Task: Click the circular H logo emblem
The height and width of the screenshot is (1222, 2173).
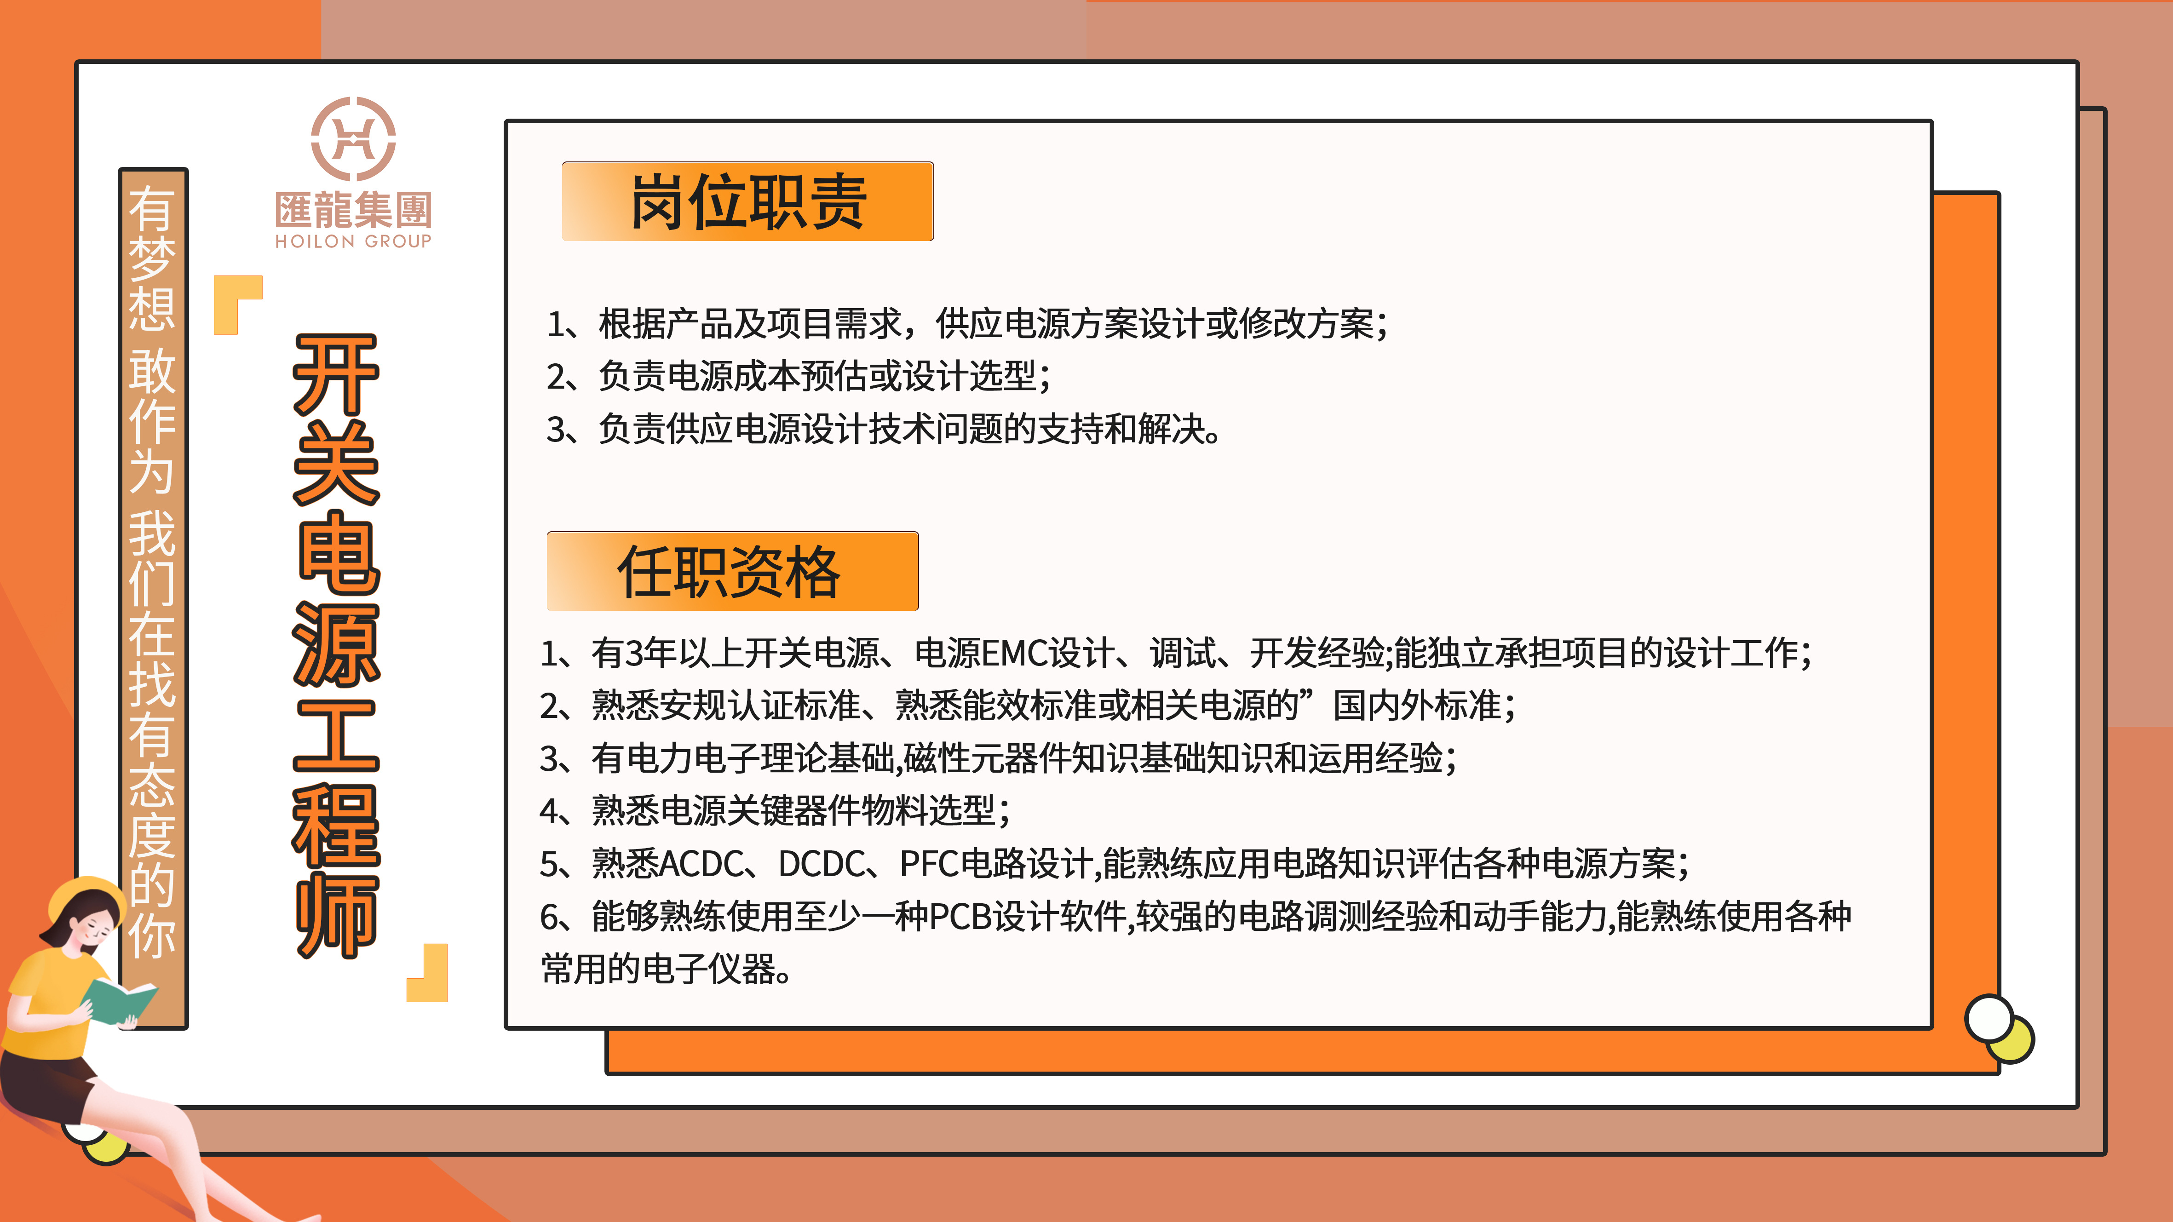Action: point(353,138)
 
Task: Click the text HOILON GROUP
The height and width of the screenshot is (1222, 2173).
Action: point(353,241)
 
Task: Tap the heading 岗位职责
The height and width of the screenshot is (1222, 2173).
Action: point(747,202)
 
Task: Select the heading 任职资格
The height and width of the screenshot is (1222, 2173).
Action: point(730,572)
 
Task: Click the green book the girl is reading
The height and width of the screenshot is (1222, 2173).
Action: point(118,1002)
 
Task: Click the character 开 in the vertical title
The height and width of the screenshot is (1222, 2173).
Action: point(336,375)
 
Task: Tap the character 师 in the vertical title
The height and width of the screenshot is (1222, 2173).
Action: point(336,915)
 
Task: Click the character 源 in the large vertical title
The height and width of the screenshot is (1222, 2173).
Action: point(336,645)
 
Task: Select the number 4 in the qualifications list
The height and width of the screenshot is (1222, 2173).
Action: point(550,811)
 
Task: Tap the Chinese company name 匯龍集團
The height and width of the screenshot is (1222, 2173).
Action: point(353,209)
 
